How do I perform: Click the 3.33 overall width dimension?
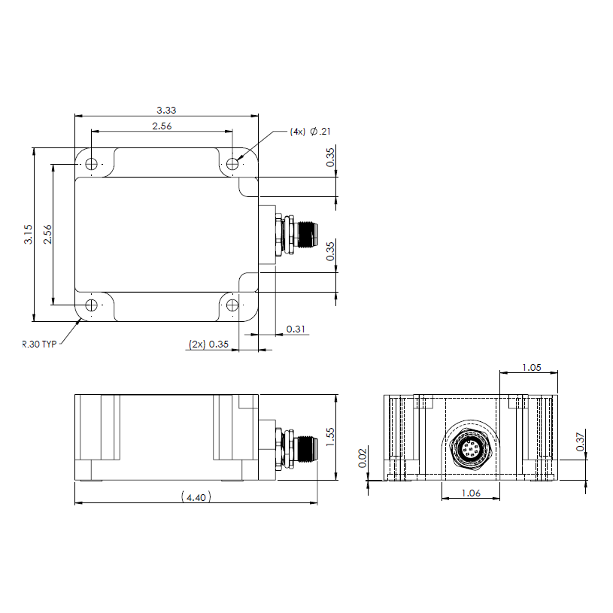point(166,111)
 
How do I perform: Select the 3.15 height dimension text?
point(28,234)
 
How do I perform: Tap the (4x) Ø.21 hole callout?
point(310,132)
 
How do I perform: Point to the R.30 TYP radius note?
point(39,344)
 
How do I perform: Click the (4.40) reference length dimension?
point(196,497)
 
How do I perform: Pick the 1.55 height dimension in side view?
point(330,437)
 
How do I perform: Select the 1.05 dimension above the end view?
point(532,368)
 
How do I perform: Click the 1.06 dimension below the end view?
point(471,493)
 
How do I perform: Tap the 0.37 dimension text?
point(580,442)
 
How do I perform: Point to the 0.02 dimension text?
point(363,458)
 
